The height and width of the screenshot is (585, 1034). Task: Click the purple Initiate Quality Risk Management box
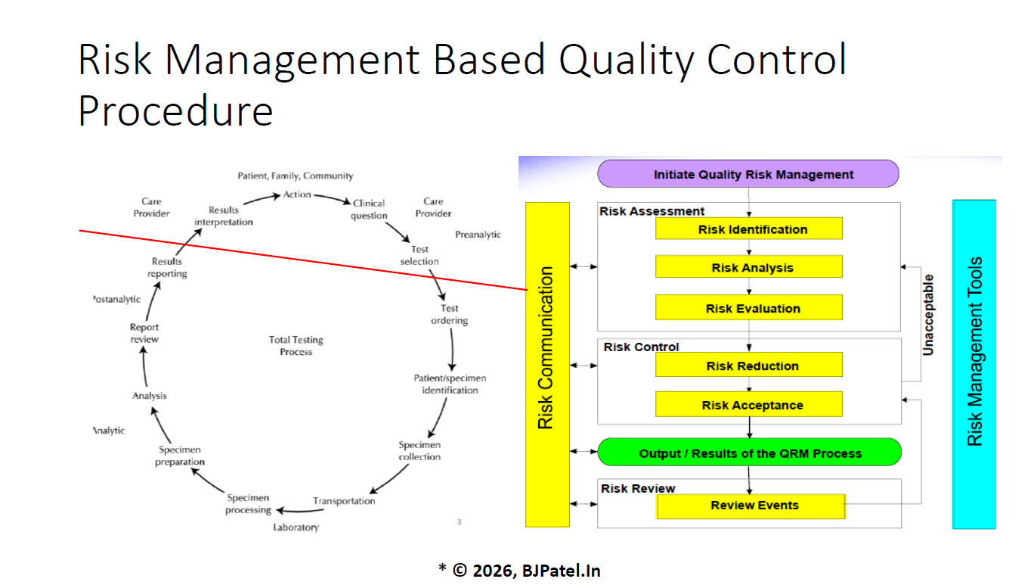748,174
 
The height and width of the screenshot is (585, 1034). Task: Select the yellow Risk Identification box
748,229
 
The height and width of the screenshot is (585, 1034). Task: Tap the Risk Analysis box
748,268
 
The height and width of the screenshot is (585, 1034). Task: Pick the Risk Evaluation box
748,308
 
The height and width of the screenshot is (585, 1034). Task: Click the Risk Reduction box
748,366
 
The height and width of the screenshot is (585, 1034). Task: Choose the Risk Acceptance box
748,405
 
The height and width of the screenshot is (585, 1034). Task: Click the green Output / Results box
749,453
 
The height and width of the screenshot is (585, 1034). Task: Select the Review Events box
751,506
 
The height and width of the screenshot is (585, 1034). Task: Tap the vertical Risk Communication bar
546,363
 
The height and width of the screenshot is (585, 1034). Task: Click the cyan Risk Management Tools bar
974,363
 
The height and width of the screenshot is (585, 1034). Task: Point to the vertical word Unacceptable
928,315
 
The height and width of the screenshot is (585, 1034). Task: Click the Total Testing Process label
296,346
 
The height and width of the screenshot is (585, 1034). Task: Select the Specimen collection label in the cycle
419,451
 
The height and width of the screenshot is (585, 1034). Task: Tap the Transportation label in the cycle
344,501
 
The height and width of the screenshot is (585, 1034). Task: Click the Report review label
144,333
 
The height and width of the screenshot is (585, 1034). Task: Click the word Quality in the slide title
624,61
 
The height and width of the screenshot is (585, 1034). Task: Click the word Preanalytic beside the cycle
478,235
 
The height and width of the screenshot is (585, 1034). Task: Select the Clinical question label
369,209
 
